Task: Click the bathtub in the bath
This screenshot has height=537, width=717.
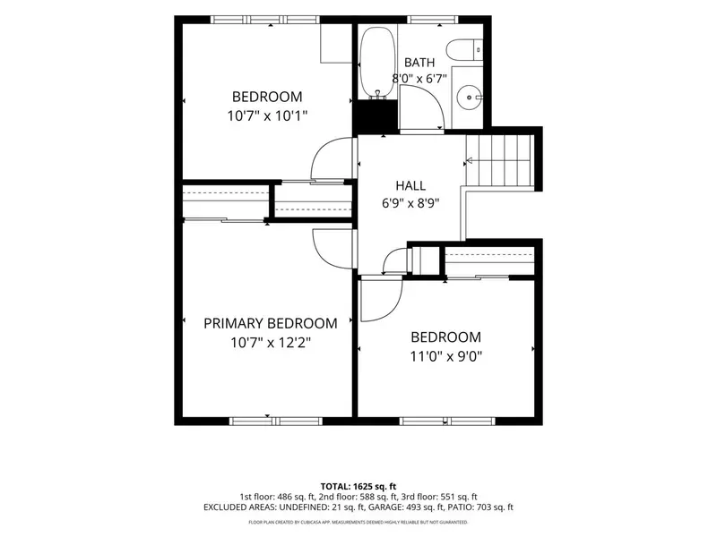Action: [377, 63]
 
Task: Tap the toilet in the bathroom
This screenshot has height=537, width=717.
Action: [463, 50]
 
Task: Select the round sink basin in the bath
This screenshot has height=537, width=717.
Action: [469, 98]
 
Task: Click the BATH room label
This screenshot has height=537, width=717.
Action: [419, 62]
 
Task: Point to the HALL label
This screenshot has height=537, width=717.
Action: [410, 185]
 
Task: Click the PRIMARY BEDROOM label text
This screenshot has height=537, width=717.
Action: [271, 323]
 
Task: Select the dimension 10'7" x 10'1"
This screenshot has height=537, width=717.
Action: [267, 116]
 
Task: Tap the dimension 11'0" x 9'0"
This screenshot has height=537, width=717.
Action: [445, 356]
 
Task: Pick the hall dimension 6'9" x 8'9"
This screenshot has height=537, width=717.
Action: [410, 203]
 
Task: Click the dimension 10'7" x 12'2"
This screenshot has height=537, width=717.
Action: [271, 343]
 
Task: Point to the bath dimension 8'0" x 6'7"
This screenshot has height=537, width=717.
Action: [419, 79]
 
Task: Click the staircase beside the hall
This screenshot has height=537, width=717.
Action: [499, 160]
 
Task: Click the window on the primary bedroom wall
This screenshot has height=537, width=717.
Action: [276, 421]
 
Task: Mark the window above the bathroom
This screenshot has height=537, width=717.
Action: [433, 20]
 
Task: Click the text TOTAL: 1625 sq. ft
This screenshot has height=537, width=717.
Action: [358, 486]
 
